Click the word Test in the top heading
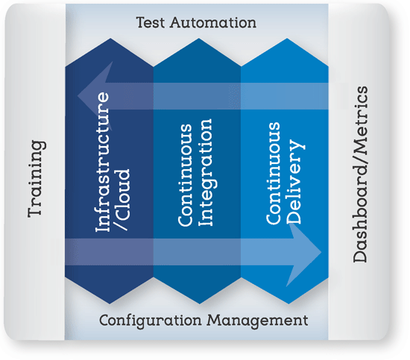(151, 22)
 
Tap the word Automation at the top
(213, 22)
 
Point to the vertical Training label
(37, 179)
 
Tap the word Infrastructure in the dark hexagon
(102, 162)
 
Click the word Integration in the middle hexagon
(205, 172)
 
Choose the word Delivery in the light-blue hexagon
(295, 182)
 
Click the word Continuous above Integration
(185, 174)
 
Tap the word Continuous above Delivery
(273, 173)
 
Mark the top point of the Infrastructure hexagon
(110, 39)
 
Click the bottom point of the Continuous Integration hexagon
(199, 304)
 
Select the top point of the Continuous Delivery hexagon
(287, 39)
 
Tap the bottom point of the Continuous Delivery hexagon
(288, 304)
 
